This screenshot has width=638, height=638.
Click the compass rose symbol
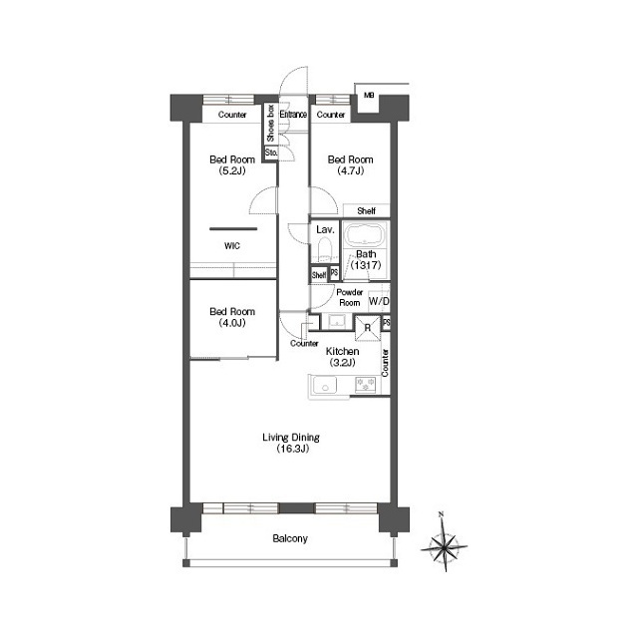[x=444, y=544]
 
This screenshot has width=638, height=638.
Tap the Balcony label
[x=290, y=539]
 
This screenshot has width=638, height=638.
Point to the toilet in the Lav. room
[x=323, y=250]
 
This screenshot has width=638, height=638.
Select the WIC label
[x=230, y=245]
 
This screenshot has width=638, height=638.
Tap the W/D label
[x=379, y=301]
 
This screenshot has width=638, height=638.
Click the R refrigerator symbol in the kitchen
[x=368, y=327]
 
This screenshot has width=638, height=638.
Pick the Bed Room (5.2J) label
[x=230, y=164]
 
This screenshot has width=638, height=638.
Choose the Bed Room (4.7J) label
[x=351, y=164]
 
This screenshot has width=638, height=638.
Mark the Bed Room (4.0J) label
[x=230, y=316]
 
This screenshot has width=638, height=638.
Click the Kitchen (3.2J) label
[x=342, y=357]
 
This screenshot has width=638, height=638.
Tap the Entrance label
[x=293, y=115]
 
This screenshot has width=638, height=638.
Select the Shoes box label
[x=270, y=124]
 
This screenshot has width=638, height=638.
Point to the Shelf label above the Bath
[x=366, y=211]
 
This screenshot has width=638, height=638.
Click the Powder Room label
[x=349, y=297]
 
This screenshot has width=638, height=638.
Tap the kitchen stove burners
[x=366, y=384]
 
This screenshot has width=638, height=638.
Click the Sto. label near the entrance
[x=270, y=153]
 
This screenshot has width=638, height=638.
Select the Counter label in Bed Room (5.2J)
[x=231, y=115]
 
